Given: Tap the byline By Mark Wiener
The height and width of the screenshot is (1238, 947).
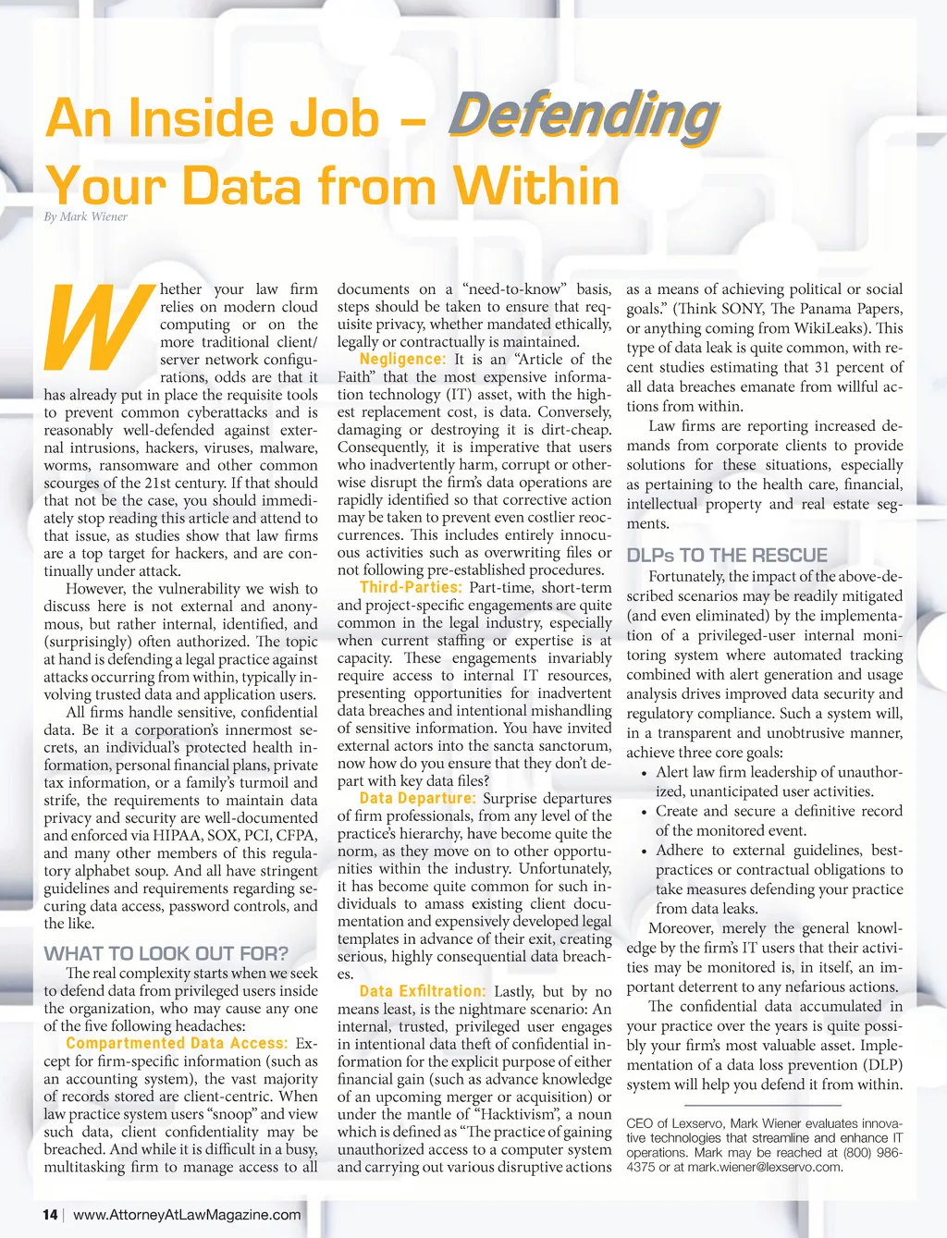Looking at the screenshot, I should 86,217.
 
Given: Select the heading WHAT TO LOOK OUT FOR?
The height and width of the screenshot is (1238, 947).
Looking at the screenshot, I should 166,953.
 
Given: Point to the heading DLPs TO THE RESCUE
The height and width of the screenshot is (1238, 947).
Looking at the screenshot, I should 727,555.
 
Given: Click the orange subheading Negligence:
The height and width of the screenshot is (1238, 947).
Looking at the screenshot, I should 402,360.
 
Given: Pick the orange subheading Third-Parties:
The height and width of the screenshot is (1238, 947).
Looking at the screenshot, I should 410,587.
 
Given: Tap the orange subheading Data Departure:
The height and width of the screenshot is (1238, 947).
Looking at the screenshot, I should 418,798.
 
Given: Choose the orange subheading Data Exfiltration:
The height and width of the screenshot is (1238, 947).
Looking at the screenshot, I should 423,991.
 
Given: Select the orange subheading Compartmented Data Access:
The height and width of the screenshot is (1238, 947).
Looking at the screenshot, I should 177,1044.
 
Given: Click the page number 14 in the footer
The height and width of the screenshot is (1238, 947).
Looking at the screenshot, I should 51,1215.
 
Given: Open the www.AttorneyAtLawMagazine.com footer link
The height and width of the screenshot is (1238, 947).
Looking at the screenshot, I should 187,1215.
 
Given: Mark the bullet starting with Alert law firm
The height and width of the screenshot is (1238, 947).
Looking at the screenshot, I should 777,781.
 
